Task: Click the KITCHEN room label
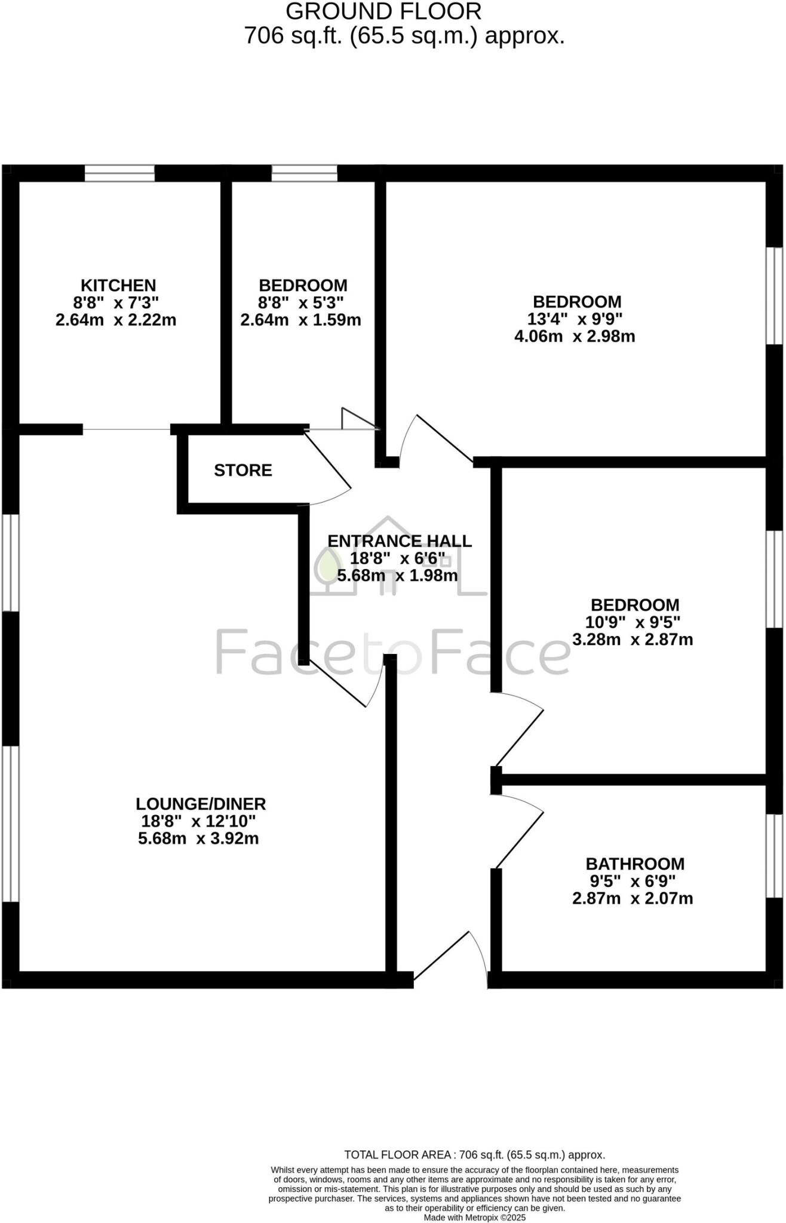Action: [x=118, y=285]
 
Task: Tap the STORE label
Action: [x=243, y=471]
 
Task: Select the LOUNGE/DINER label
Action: [x=201, y=804]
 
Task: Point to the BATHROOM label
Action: [x=634, y=864]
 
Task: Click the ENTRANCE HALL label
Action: [x=400, y=541]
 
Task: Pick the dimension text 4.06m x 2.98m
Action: [x=575, y=336]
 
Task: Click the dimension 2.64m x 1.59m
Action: [x=300, y=320]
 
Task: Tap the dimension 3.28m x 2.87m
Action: [x=633, y=640]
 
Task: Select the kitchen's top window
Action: [x=119, y=173]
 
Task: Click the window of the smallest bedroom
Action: [x=304, y=173]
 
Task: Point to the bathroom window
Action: [x=775, y=856]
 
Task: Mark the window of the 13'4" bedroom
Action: [x=775, y=296]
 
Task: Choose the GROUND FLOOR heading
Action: [x=383, y=11]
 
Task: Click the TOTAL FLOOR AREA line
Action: [x=475, y=1155]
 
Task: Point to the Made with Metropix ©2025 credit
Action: [x=475, y=1218]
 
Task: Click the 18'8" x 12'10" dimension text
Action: [x=198, y=821]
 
